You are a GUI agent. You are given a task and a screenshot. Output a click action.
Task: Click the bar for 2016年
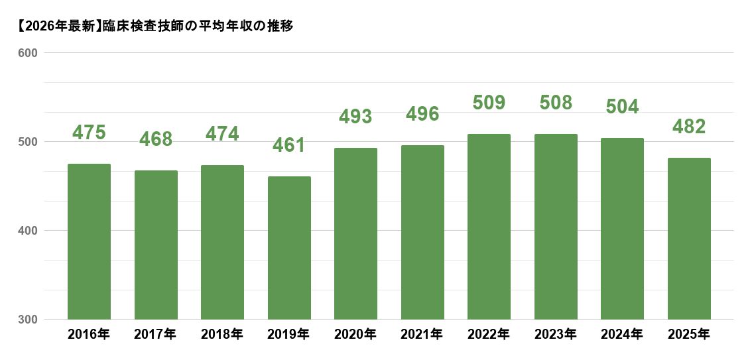coord(89,242)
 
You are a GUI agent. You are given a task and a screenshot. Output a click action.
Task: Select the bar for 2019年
coord(289,248)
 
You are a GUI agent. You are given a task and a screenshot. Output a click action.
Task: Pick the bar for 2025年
coord(689,239)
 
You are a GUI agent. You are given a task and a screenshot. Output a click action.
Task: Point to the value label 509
coord(489,103)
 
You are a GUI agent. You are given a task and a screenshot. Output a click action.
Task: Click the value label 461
coord(289,145)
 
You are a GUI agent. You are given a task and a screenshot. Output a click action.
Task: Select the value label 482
coord(689,127)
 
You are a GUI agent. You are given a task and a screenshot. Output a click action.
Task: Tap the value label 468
coord(156,139)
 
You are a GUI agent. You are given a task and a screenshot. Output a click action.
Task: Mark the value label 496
coord(422,114)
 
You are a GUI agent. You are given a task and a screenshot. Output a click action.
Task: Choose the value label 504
coord(622,107)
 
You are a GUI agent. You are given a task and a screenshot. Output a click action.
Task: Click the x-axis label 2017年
coord(156,335)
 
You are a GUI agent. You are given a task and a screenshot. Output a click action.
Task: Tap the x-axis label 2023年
coord(556,335)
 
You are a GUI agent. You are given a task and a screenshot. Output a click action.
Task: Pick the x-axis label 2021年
coord(422,335)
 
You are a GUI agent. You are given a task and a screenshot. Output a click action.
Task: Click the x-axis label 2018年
coord(222,335)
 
